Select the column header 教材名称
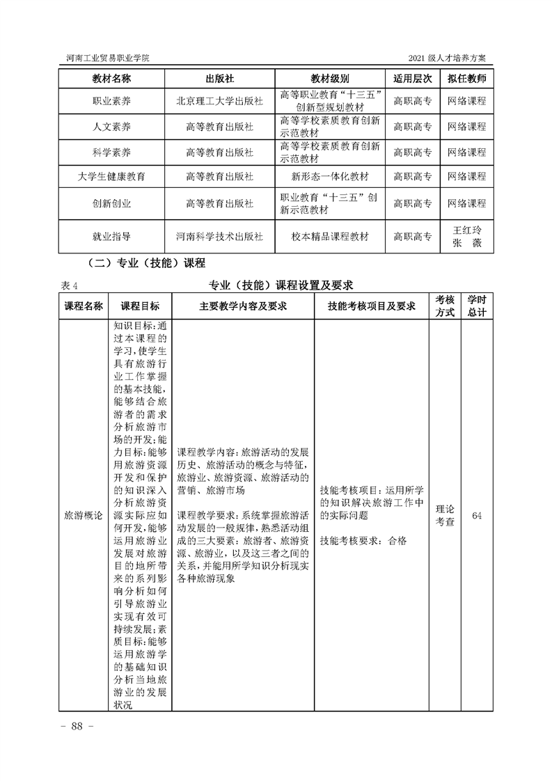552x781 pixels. [x=111, y=79]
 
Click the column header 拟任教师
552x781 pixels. [x=466, y=79]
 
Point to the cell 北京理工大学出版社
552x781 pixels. [x=219, y=101]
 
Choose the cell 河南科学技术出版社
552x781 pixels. [x=219, y=237]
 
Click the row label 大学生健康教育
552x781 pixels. [x=111, y=177]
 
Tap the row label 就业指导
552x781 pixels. [x=111, y=237]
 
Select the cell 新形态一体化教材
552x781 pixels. [x=330, y=177]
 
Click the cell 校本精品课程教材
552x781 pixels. [x=330, y=237]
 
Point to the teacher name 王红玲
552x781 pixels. [x=466, y=230]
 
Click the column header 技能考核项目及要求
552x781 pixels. [x=371, y=306]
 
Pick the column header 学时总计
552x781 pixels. [x=477, y=306]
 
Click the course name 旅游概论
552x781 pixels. [x=83, y=516]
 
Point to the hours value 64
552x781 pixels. [x=477, y=516]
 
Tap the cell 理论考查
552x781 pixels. [x=445, y=516]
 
